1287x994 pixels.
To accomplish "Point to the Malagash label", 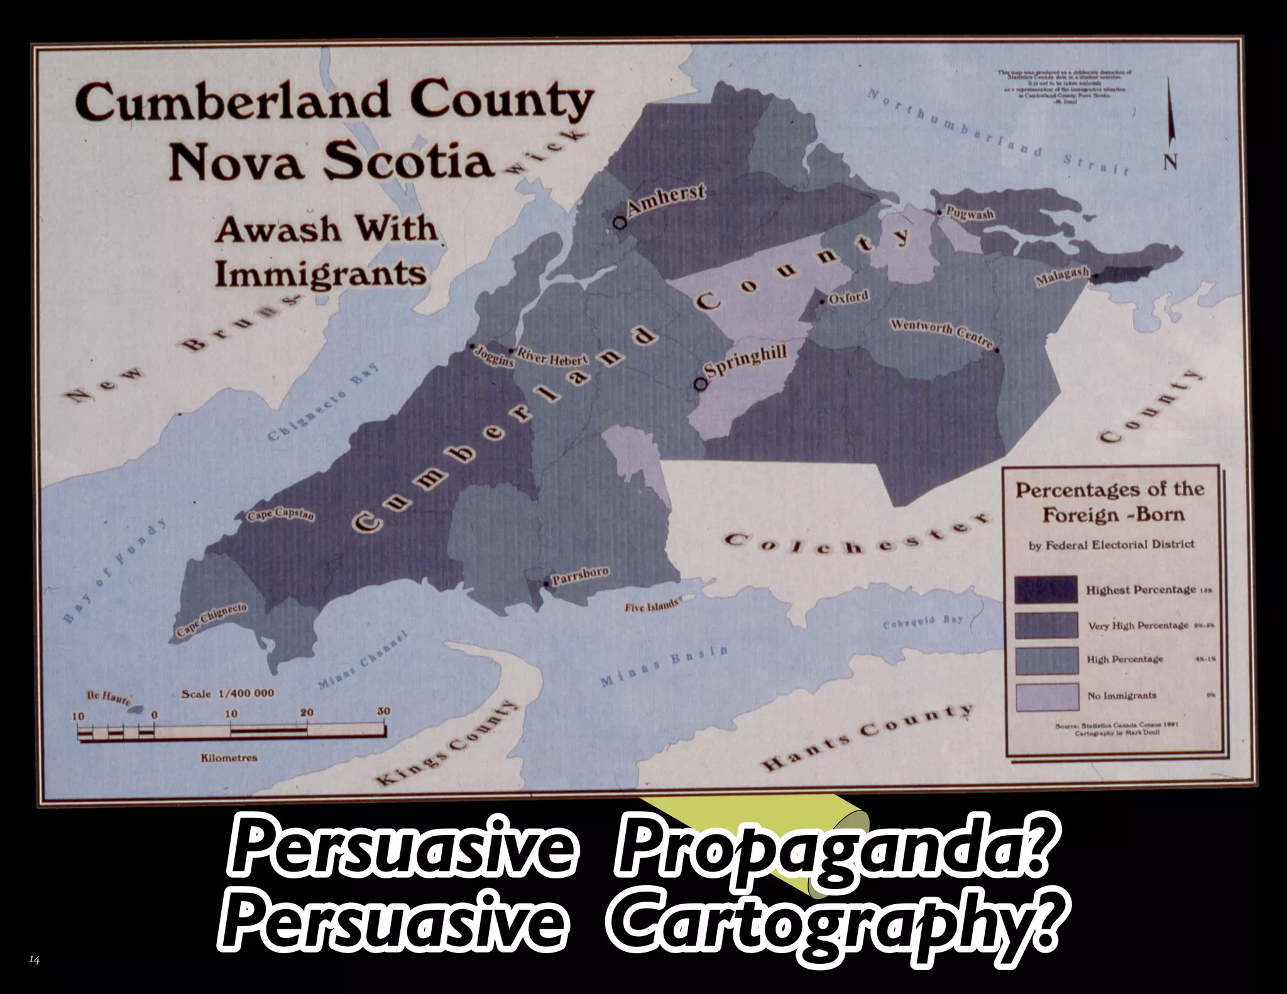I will tap(1061, 276).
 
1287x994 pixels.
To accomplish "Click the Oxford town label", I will tap(848, 297).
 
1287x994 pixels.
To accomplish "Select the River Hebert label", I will tap(552, 359).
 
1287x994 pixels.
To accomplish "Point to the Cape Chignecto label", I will tap(212, 620).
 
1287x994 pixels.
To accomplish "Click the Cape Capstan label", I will tap(281, 516).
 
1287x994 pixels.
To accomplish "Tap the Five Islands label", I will tap(652, 607).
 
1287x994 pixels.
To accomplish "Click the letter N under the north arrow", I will tap(1169, 161).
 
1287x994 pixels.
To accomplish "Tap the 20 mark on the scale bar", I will tap(306, 713).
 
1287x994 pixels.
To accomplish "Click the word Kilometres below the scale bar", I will tap(229, 758).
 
